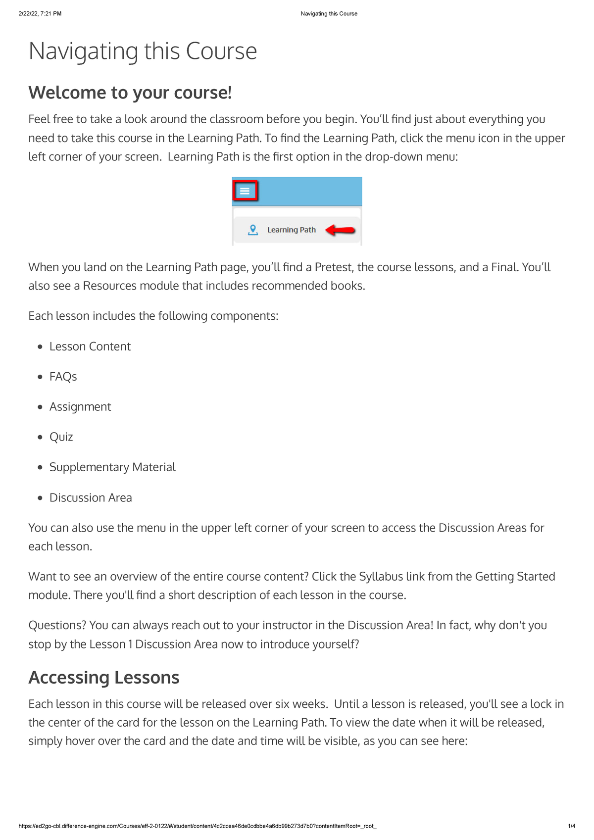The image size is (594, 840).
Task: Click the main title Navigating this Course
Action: pos(143,51)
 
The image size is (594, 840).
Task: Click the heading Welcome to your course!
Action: pos(130,93)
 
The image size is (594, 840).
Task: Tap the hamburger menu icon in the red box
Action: pos(245,191)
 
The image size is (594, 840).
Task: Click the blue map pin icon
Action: pos(253,230)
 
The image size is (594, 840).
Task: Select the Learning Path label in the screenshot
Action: pos(291,230)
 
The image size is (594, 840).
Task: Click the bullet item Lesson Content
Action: pos(90,346)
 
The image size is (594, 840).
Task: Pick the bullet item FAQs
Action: pos(63,377)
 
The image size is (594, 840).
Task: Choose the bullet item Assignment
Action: pos(80,407)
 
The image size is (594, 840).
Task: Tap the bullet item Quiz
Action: pos(61,437)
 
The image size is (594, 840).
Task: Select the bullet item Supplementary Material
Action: pos(112,467)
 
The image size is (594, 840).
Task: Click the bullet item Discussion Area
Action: pos(91,497)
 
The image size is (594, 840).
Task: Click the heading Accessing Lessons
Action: pos(104,678)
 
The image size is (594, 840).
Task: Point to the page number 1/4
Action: pos(571,826)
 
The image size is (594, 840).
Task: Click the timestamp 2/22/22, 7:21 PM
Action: pos(40,14)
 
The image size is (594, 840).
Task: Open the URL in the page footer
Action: pos(197,826)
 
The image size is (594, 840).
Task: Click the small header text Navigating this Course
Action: pos(329,14)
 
